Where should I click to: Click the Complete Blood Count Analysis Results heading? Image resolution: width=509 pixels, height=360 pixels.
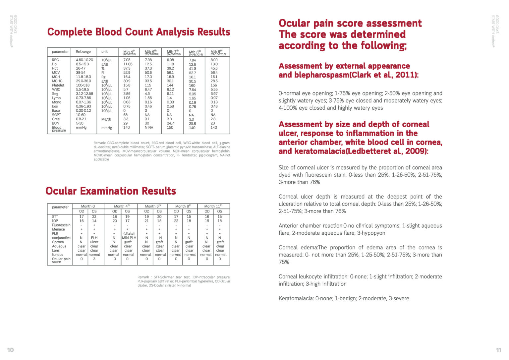139,32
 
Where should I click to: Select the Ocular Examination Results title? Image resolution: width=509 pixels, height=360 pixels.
111,191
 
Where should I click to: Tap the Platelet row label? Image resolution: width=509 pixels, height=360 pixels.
58,85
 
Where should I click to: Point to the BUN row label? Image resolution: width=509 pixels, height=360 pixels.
56,123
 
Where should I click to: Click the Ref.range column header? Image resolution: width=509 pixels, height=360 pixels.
83,52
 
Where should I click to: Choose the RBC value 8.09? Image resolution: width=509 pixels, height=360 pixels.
214,60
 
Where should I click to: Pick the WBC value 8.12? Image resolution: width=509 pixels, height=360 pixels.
170,90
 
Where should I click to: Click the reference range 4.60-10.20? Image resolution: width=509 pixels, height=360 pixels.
85,60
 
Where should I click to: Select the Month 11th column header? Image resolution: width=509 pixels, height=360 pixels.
213,206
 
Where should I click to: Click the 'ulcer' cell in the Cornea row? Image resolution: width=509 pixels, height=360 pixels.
94,242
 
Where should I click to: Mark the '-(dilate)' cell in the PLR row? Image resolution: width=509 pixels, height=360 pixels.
128,233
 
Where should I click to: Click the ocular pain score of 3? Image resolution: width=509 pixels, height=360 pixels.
94,259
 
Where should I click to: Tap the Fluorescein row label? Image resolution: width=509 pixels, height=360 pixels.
61,225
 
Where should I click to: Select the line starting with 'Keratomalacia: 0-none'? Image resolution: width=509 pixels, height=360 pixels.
344,298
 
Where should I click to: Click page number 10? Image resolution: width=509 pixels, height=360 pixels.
11,350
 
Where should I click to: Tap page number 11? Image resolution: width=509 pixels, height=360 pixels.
498,350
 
